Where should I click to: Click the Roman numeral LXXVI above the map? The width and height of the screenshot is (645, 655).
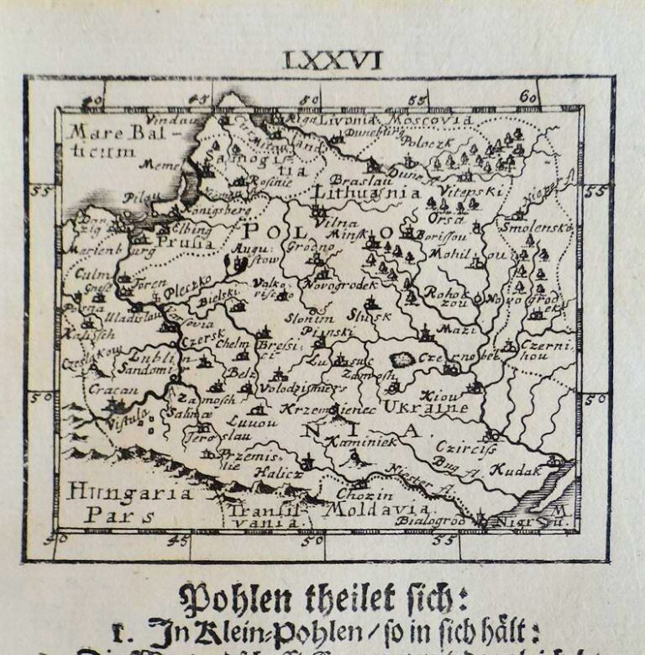click(x=333, y=60)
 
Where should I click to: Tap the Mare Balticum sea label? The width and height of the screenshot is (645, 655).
click(x=104, y=141)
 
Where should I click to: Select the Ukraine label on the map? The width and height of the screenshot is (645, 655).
click(x=425, y=408)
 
